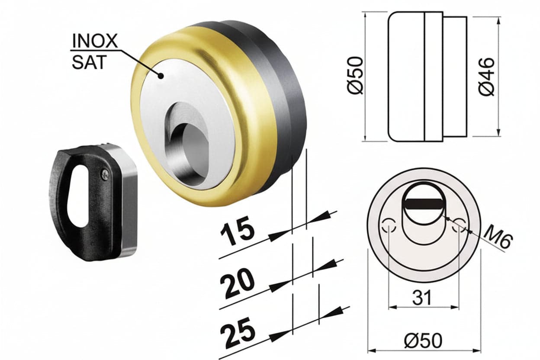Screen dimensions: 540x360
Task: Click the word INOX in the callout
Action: tap(95, 41)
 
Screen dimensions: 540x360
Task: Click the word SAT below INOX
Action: tap(89, 62)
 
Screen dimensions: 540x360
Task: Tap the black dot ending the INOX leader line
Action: tap(161, 76)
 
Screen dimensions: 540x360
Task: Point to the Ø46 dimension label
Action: tap(486, 77)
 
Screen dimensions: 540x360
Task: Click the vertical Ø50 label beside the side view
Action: tap(355, 75)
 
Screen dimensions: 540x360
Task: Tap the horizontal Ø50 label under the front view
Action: tap(423, 341)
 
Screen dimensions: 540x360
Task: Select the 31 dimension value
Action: tap(421, 298)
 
